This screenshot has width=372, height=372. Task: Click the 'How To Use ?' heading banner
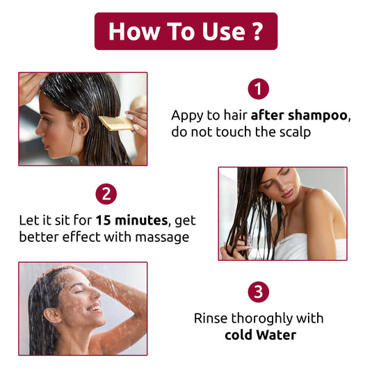(186, 31)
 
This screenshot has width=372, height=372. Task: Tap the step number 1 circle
(259, 89)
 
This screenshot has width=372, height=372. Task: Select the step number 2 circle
(106, 193)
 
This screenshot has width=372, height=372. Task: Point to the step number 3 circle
(259, 293)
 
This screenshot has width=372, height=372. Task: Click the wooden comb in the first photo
(115, 123)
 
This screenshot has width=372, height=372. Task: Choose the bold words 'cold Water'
(260, 335)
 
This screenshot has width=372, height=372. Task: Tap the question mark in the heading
(256, 31)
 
